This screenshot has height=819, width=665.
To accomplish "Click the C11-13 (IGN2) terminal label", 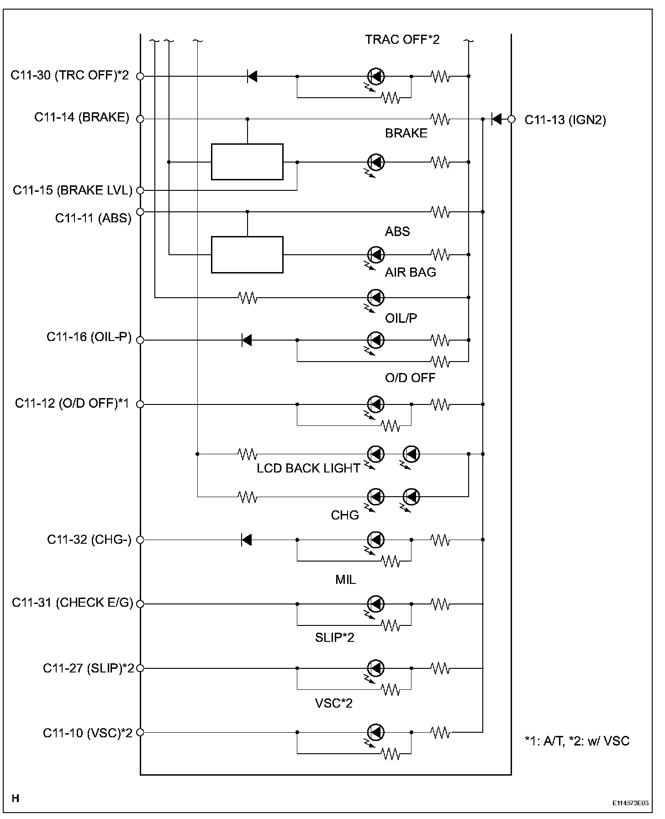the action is (565, 120).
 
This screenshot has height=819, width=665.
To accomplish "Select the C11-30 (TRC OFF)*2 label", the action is (70, 75).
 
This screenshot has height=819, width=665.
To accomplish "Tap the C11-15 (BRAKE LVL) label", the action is (72, 190).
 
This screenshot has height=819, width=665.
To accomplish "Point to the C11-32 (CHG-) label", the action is (89, 540).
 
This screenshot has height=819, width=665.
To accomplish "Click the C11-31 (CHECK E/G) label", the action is (72, 603).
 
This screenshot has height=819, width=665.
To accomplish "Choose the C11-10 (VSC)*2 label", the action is (88, 733).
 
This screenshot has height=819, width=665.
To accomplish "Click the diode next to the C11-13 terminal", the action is (496, 119).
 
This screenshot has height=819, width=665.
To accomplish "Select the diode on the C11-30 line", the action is (252, 76).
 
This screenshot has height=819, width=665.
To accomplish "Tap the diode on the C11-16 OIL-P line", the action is (247, 340).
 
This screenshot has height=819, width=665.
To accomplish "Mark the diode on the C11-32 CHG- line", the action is (247, 540).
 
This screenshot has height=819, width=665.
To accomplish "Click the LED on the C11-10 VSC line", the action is (376, 732).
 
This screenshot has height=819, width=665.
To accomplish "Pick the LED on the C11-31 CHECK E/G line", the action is (376, 604).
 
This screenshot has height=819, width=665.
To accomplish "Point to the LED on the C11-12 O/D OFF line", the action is (376, 404).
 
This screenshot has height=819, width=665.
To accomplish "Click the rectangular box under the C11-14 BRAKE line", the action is (247, 162).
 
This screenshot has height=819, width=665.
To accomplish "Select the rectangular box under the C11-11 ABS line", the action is (247, 255).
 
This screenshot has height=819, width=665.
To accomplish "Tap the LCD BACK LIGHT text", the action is (308, 468).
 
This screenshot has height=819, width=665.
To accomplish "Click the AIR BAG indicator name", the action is (410, 273).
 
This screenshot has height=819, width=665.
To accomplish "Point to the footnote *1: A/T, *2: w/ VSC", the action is (577, 741).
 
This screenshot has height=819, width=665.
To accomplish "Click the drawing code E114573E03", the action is (631, 803).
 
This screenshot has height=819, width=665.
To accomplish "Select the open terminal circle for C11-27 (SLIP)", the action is (140, 668).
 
